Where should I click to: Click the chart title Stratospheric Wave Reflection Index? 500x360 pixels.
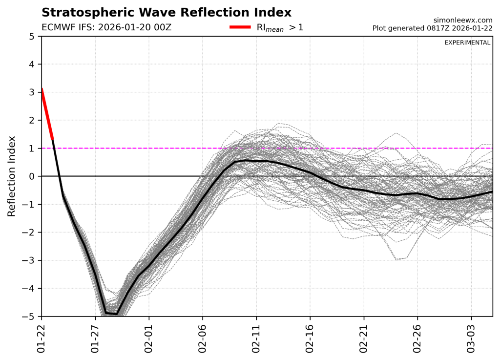point(167,12)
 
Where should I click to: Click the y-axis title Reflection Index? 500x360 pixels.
point(12,176)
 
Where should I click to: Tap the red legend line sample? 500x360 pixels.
point(240,27)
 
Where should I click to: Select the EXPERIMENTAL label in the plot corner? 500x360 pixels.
point(467,42)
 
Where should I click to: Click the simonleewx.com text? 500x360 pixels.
point(463,20)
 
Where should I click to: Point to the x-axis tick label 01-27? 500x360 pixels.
point(96,338)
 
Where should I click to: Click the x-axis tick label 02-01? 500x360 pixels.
point(149,338)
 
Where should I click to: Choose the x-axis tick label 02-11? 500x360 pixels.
point(256,338)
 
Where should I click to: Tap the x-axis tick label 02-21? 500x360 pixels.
point(364,338)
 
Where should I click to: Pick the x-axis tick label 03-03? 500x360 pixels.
point(471,338)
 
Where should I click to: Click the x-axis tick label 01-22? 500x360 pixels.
point(42,338)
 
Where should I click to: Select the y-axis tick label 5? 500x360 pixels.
point(32,36)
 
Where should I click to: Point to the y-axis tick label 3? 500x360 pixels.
point(32,92)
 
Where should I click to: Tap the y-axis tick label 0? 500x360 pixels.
point(32,176)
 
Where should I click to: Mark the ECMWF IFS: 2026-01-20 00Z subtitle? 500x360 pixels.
point(106,27)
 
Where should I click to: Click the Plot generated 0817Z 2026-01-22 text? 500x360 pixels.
point(432,28)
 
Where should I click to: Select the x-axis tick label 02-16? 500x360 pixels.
point(310,338)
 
